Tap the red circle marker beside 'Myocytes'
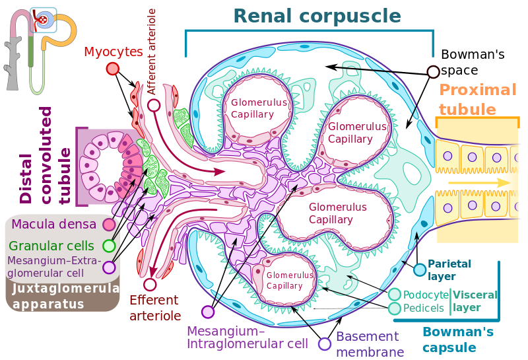coord(113,69)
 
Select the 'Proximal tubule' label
coord(477,99)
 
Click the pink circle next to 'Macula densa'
coord(110,225)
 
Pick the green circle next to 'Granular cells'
coord(110,246)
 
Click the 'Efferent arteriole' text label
coord(155,308)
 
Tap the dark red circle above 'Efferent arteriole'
coord(150,285)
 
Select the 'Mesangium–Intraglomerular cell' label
coord(247,337)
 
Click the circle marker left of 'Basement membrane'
coord(325,343)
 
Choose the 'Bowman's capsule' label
coord(449,340)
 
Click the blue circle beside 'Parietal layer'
coord(419,269)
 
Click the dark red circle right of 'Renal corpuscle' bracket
coord(433,72)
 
